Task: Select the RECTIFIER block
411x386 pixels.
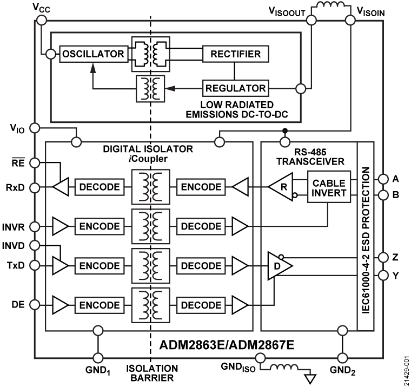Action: click(235, 54)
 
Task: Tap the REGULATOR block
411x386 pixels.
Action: click(235, 88)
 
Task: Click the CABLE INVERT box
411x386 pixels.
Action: click(329, 187)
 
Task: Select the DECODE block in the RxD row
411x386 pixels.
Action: click(100, 187)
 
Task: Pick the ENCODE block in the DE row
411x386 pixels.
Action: click(100, 305)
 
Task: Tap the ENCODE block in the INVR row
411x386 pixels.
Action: click(100, 226)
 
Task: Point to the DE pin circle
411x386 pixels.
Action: click(34, 305)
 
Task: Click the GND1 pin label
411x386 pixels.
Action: click(98, 372)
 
